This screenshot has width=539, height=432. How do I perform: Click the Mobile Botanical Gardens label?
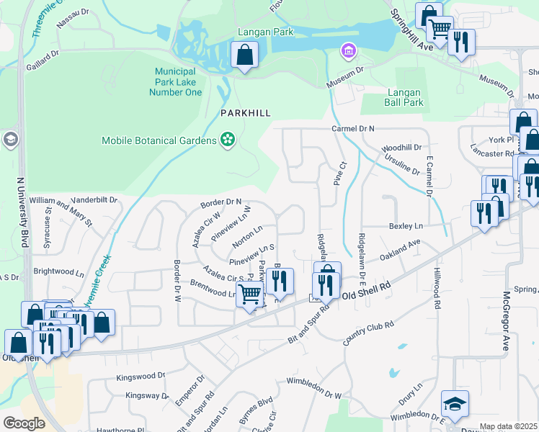click(159, 140)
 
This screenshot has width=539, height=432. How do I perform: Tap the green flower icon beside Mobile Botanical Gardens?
click(228, 139)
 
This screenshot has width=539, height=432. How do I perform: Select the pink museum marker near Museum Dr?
click(349, 50)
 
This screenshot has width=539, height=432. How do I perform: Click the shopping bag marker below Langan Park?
click(245, 55)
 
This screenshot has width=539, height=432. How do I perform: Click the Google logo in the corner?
click(24, 423)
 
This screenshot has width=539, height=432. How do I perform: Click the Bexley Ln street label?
click(405, 226)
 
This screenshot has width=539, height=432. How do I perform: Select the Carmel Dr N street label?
click(353, 128)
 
